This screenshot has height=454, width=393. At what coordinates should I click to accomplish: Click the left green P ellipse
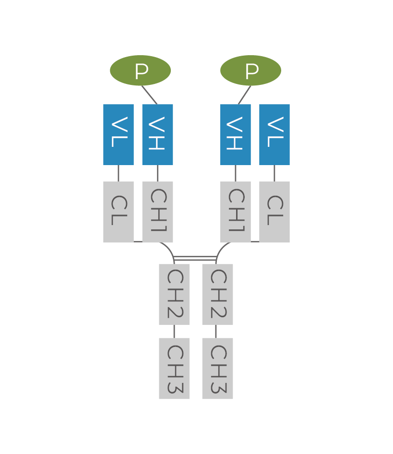(140, 71)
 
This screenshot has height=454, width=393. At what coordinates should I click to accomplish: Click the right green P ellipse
(250, 71)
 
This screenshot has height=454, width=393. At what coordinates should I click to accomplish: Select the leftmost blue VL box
(119, 134)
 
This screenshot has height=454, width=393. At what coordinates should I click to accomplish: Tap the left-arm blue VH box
(157, 134)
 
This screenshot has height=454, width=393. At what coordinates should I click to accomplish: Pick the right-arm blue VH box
(236, 134)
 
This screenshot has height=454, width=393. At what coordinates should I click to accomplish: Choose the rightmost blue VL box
(274, 134)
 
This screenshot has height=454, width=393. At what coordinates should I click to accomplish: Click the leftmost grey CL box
(119, 212)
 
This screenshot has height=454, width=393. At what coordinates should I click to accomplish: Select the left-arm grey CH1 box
(157, 212)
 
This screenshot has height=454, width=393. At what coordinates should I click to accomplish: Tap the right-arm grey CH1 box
(236, 212)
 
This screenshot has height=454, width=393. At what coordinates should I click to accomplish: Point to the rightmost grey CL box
(274, 212)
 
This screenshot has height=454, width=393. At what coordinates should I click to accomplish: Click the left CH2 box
(174, 294)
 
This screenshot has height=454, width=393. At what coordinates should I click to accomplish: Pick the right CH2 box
(217, 294)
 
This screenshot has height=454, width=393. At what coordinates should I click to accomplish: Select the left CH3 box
(174, 368)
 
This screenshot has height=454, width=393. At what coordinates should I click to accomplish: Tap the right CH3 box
(217, 368)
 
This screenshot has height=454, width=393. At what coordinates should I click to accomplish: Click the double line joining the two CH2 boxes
(195, 259)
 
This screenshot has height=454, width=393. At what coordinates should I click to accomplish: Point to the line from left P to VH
(150, 95)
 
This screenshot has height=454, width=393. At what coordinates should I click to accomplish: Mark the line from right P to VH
(244, 95)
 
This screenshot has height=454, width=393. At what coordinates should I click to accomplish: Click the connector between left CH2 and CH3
(174, 331)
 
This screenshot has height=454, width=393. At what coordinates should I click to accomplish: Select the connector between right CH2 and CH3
(216, 331)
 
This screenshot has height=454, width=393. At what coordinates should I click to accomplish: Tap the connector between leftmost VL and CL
(119, 173)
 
